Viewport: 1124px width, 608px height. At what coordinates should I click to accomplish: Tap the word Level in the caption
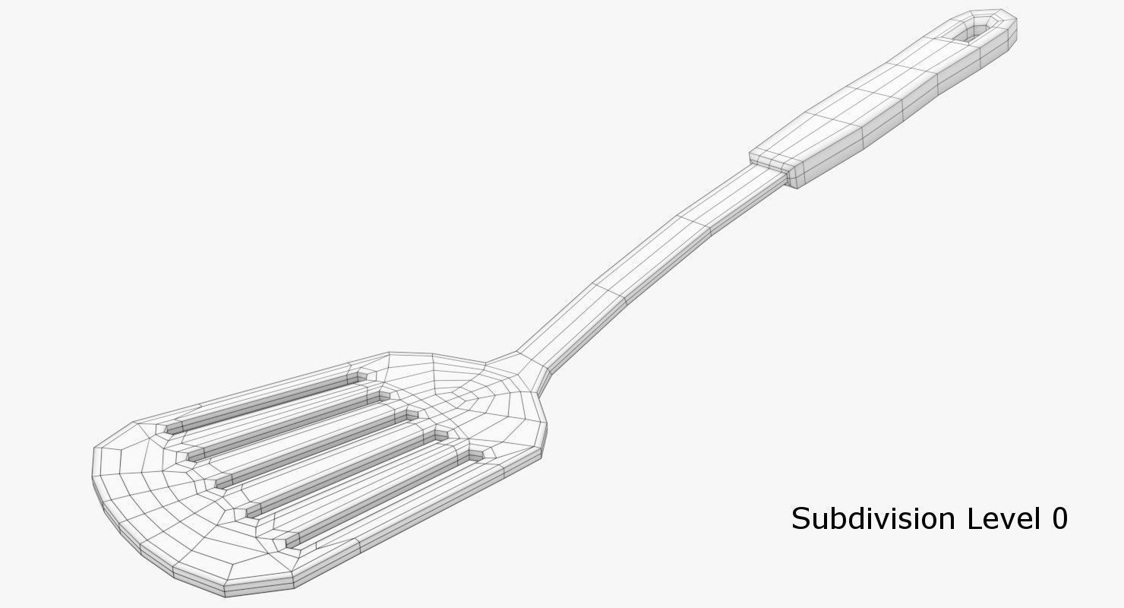point(999,518)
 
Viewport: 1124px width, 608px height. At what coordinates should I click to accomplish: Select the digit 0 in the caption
point(1059,518)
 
